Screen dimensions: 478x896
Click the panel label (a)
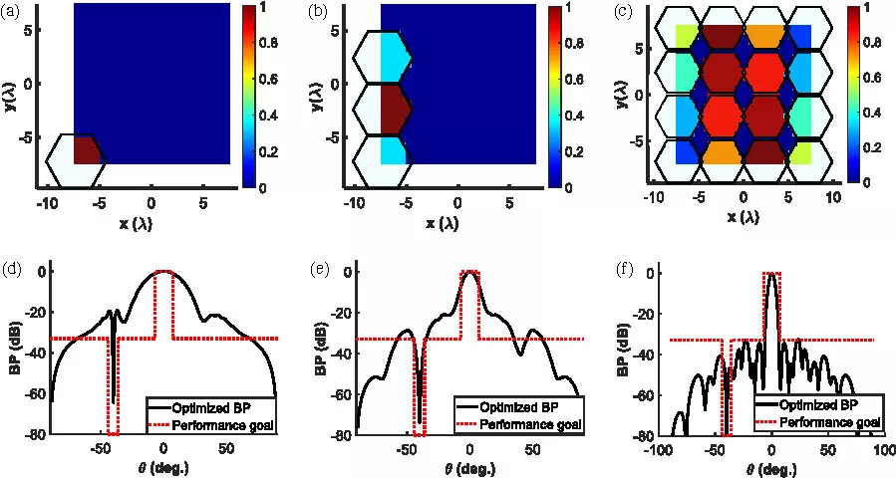click(x=13, y=12)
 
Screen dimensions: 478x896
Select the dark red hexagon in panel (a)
click(x=86, y=150)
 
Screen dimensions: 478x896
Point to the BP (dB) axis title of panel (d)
click(x=12, y=352)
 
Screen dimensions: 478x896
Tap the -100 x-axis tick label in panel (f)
click(x=658, y=450)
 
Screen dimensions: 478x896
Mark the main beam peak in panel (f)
click(x=770, y=274)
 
